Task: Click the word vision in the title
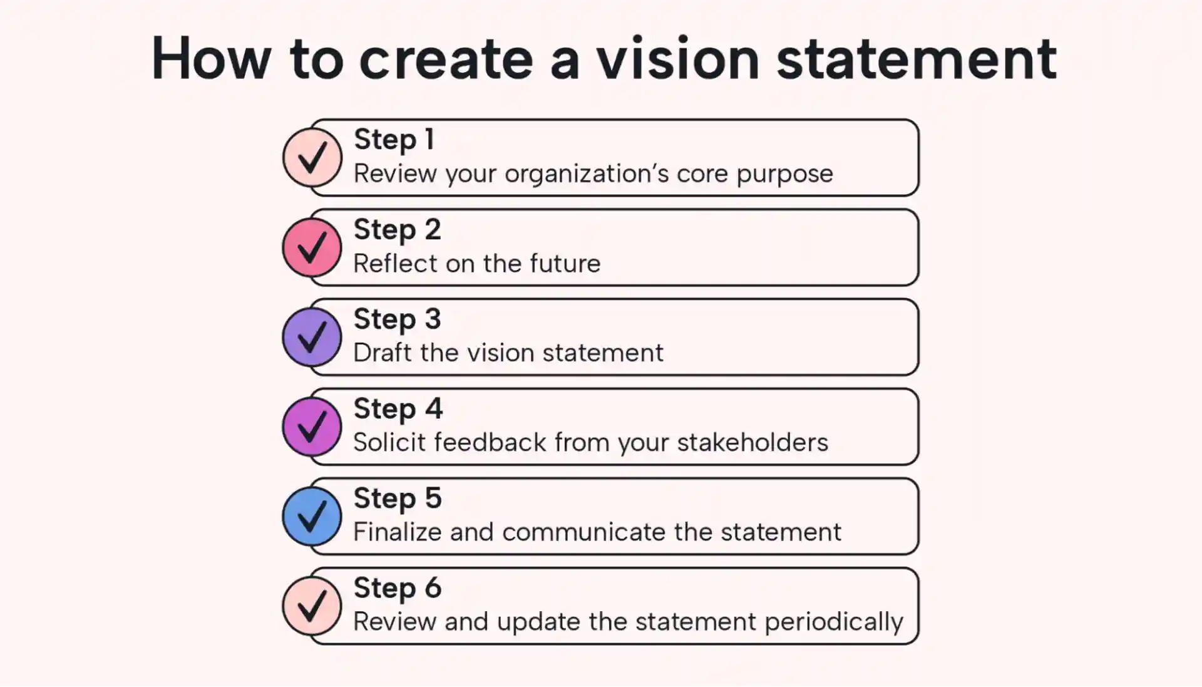pos(677,59)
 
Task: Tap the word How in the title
pos(211,59)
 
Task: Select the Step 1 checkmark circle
pos(312,157)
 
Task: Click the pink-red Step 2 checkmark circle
pos(312,247)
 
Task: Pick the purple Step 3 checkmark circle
pos(312,337)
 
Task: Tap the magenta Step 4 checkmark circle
pos(312,426)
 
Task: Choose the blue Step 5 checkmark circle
pos(312,516)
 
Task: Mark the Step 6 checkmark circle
pos(312,606)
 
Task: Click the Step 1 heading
pos(394,140)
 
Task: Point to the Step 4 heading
pos(398,409)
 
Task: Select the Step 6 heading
pos(398,588)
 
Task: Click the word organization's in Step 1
pos(587,174)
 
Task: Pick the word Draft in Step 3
pos(383,353)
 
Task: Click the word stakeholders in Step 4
pos(753,443)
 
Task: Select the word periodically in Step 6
pos(833,622)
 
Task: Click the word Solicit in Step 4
pos(389,443)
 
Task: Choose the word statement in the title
pos(917,59)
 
